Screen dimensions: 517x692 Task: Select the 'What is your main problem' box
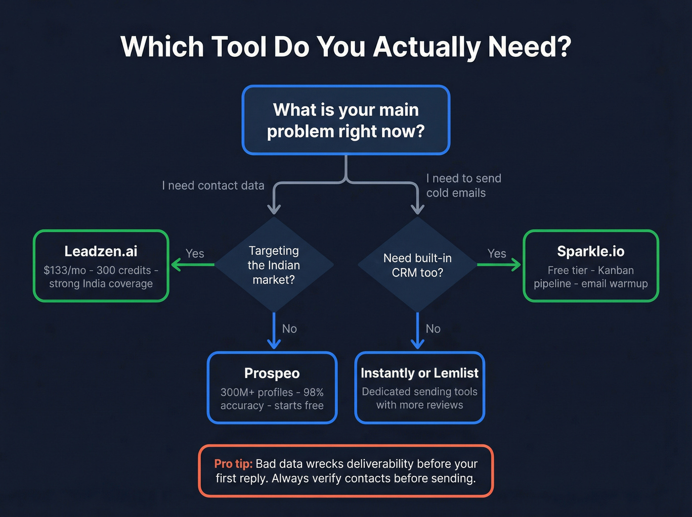point(346,120)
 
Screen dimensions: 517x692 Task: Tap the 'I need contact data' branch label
point(213,186)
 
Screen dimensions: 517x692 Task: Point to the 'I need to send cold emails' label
point(463,186)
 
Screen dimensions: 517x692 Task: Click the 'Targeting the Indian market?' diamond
point(274,265)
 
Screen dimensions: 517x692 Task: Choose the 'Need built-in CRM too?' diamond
point(417,265)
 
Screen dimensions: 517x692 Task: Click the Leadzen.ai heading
point(101,251)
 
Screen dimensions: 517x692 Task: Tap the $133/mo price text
point(65,271)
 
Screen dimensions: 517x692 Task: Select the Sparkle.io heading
point(591,251)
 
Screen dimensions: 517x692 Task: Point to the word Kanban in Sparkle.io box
point(615,271)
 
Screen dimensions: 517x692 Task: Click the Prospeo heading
point(272,373)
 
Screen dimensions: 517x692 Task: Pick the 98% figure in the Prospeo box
point(313,392)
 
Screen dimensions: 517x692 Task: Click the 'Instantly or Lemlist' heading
point(420,373)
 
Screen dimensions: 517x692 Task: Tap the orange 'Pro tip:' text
point(233,464)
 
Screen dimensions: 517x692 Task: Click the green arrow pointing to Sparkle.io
point(499,265)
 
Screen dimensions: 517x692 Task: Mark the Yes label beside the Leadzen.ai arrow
point(195,254)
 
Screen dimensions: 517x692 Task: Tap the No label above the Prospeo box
point(289,329)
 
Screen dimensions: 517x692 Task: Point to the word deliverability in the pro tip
point(380,464)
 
